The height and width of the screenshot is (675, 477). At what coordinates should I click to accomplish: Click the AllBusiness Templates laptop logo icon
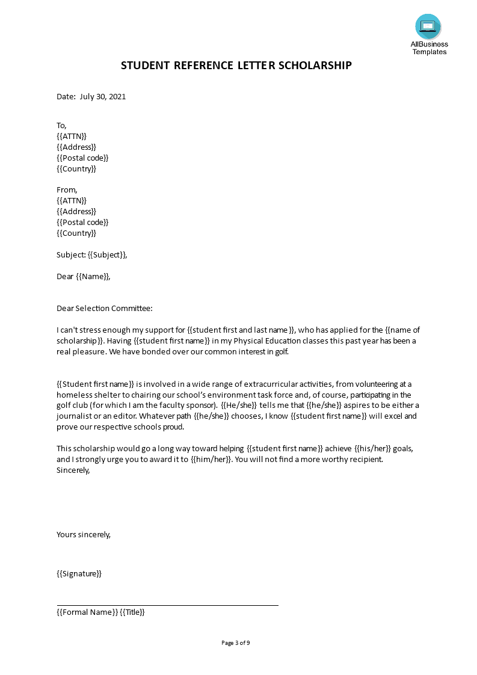[x=428, y=26]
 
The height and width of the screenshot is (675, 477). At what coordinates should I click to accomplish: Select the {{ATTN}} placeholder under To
[x=72, y=136]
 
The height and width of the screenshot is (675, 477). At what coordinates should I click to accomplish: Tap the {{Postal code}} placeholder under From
[x=82, y=222]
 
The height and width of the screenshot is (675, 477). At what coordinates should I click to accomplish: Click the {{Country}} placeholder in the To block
[x=76, y=168]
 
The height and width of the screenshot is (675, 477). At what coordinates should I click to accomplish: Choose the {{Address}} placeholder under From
[x=76, y=211]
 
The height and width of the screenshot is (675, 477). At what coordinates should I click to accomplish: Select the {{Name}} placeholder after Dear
[x=93, y=276]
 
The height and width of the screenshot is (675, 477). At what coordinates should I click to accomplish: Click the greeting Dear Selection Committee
[x=105, y=308]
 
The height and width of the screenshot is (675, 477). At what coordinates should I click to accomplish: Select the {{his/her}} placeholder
[x=373, y=448]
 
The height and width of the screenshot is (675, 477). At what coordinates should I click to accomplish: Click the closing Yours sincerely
[x=84, y=534]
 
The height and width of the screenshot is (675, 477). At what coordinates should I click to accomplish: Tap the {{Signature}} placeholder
[x=79, y=573]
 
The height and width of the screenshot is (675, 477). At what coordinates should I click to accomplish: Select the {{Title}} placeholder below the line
[x=132, y=612]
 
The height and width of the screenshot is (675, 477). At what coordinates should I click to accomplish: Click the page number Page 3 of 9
[x=236, y=643]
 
